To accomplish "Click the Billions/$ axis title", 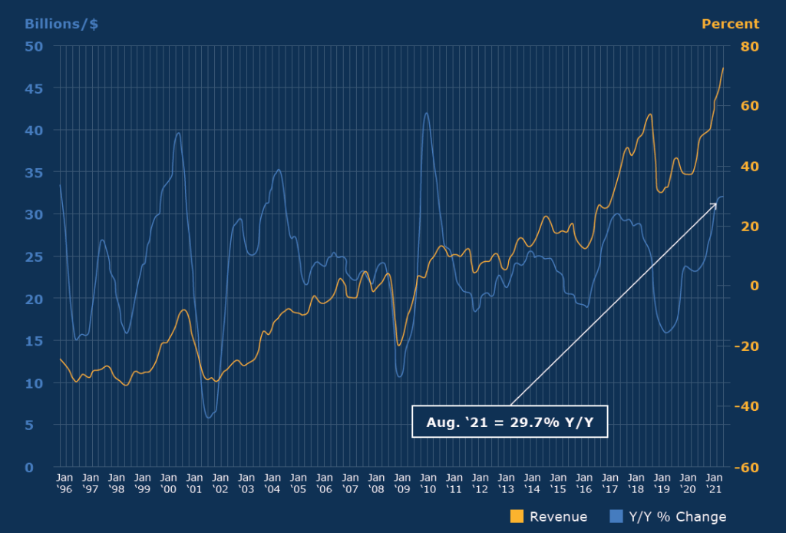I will tap(61, 24).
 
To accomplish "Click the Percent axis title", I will tap(730, 24).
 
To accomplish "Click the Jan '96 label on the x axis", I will tap(64, 483).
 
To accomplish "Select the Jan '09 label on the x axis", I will tap(401, 483).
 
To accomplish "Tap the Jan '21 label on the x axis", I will tap(713, 483).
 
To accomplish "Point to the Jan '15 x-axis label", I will tap(557, 483).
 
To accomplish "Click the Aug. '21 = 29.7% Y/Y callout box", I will tap(510, 422).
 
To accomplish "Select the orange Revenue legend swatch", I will tap(517, 516).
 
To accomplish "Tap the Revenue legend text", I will tap(558, 517).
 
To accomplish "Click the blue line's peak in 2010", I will tap(427, 113).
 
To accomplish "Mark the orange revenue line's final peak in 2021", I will tap(723, 68).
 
